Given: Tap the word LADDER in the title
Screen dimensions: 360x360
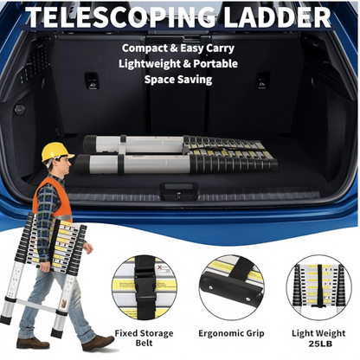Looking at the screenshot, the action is coord(277,16).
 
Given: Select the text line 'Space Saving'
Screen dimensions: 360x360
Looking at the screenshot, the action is coord(178,80).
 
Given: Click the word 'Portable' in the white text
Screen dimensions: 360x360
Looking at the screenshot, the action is coord(215,64).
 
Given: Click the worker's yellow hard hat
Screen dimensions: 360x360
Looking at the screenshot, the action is coord(56,152).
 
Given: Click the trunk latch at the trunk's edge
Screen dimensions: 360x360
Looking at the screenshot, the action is coord(179,191).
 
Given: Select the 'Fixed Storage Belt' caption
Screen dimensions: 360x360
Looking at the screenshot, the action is coord(144,338).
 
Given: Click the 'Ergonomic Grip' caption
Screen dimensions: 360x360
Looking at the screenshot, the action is coord(231,333).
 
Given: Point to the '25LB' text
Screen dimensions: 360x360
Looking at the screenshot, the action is coord(320,344).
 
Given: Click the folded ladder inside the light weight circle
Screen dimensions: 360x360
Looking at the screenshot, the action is coord(318,286).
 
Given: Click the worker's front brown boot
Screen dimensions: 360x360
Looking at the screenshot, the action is coord(98,343).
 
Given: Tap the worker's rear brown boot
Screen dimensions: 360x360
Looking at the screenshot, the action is coord(33,343).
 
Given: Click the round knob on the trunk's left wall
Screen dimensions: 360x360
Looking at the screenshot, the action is coord(20,109).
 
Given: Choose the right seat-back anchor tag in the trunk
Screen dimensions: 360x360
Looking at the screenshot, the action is coord(263,80).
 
